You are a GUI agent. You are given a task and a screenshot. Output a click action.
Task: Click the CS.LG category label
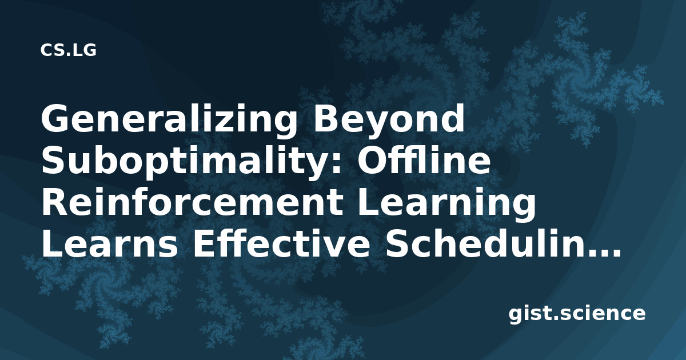pos(68,50)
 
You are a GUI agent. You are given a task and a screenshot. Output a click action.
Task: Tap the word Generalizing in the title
pos(169,119)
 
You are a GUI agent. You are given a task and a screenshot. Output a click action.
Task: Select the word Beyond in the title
pos(389,119)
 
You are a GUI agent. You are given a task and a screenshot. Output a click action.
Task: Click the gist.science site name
pos(577,314)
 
